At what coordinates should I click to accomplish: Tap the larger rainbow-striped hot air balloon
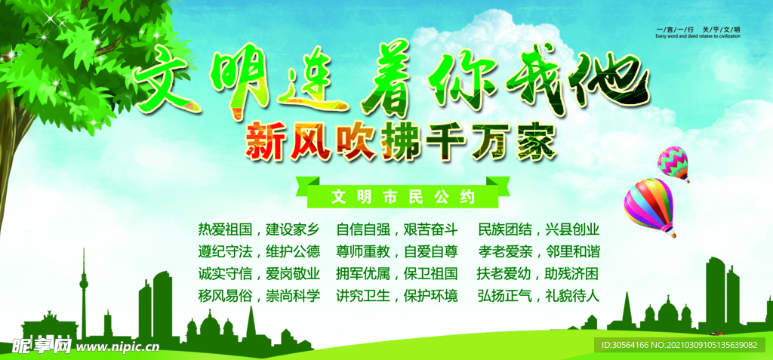click(x=649, y=207)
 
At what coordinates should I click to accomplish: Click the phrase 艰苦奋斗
click(x=430, y=229)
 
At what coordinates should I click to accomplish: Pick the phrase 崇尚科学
click(x=293, y=296)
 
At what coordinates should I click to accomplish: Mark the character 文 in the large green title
click(x=165, y=82)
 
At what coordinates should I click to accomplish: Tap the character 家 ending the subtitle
click(x=536, y=140)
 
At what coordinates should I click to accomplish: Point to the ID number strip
click(x=679, y=345)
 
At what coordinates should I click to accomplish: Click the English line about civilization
click(x=698, y=35)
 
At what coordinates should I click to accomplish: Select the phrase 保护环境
click(x=430, y=296)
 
